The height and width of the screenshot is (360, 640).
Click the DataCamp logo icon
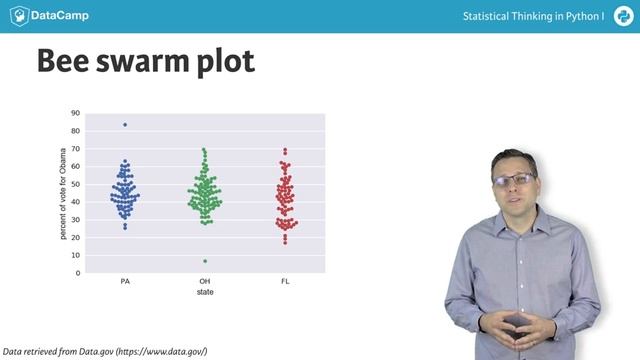tap(18, 17)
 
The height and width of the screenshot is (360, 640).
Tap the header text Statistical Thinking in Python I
tap(533, 17)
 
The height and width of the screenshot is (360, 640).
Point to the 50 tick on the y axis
tap(75, 184)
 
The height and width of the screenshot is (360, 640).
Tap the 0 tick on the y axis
tap(78, 273)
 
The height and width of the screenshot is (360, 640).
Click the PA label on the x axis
tap(125, 282)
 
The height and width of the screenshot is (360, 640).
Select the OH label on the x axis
tap(205, 282)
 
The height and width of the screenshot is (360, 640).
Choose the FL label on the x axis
tap(285, 282)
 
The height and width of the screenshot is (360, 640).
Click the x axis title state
tap(205, 292)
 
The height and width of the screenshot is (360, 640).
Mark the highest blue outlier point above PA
tap(125, 125)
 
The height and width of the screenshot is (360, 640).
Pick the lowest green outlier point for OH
tap(205, 261)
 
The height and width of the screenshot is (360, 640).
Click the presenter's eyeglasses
tap(514, 180)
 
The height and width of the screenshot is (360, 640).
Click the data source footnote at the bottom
tap(105, 351)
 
